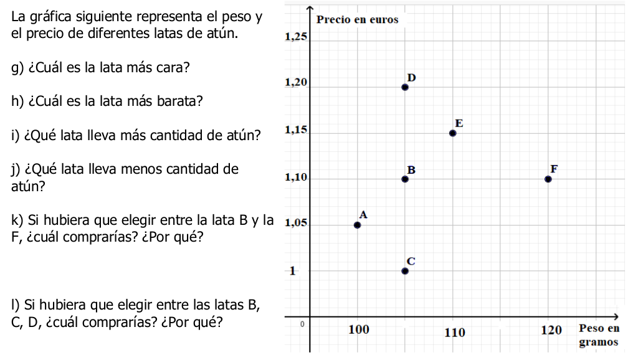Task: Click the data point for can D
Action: [405, 87]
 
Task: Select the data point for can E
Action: [452, 133]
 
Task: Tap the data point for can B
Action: [405, 179]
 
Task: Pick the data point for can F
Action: [548, 179]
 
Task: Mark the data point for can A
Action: [357, 225]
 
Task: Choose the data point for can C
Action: [405, 271]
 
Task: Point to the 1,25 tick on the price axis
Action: [296, 37]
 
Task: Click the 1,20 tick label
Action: [296, 83]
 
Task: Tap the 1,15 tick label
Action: [296, 130]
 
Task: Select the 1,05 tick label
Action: [296, 222]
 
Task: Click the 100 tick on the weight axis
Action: [359, 329]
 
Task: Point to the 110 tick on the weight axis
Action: [454, 333]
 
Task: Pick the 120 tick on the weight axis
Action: [551, 330]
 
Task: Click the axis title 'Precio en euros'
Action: [357, 19]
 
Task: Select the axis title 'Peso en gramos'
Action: [599, 335]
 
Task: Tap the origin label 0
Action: [302, 324]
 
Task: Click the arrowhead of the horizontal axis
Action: [616, 316]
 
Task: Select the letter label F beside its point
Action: [554, 169]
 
